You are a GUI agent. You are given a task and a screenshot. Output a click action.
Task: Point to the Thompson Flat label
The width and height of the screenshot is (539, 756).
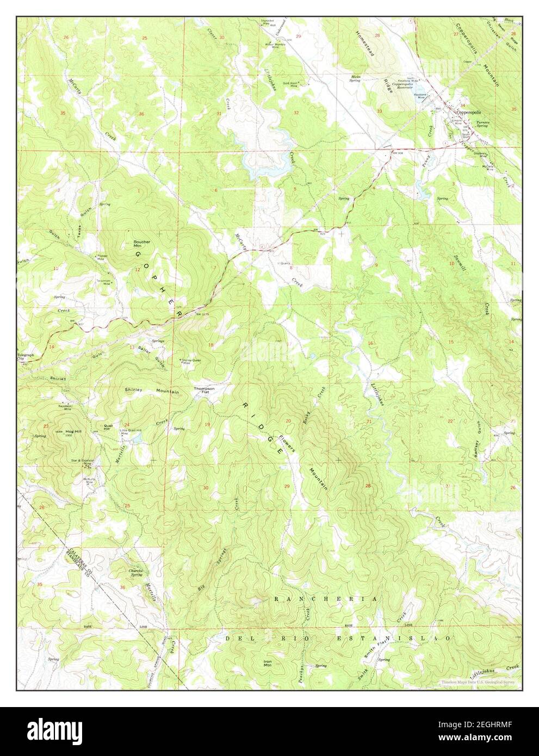[205, 391]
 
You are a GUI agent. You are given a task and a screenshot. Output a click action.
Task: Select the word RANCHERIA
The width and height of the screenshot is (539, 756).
[325, 598]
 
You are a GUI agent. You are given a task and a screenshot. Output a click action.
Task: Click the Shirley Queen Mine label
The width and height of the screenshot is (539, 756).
[191, 362]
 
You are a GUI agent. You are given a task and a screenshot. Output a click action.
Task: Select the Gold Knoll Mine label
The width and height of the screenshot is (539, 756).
[296, 84]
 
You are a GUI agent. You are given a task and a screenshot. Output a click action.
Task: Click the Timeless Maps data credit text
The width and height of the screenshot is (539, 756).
[479, 681]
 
